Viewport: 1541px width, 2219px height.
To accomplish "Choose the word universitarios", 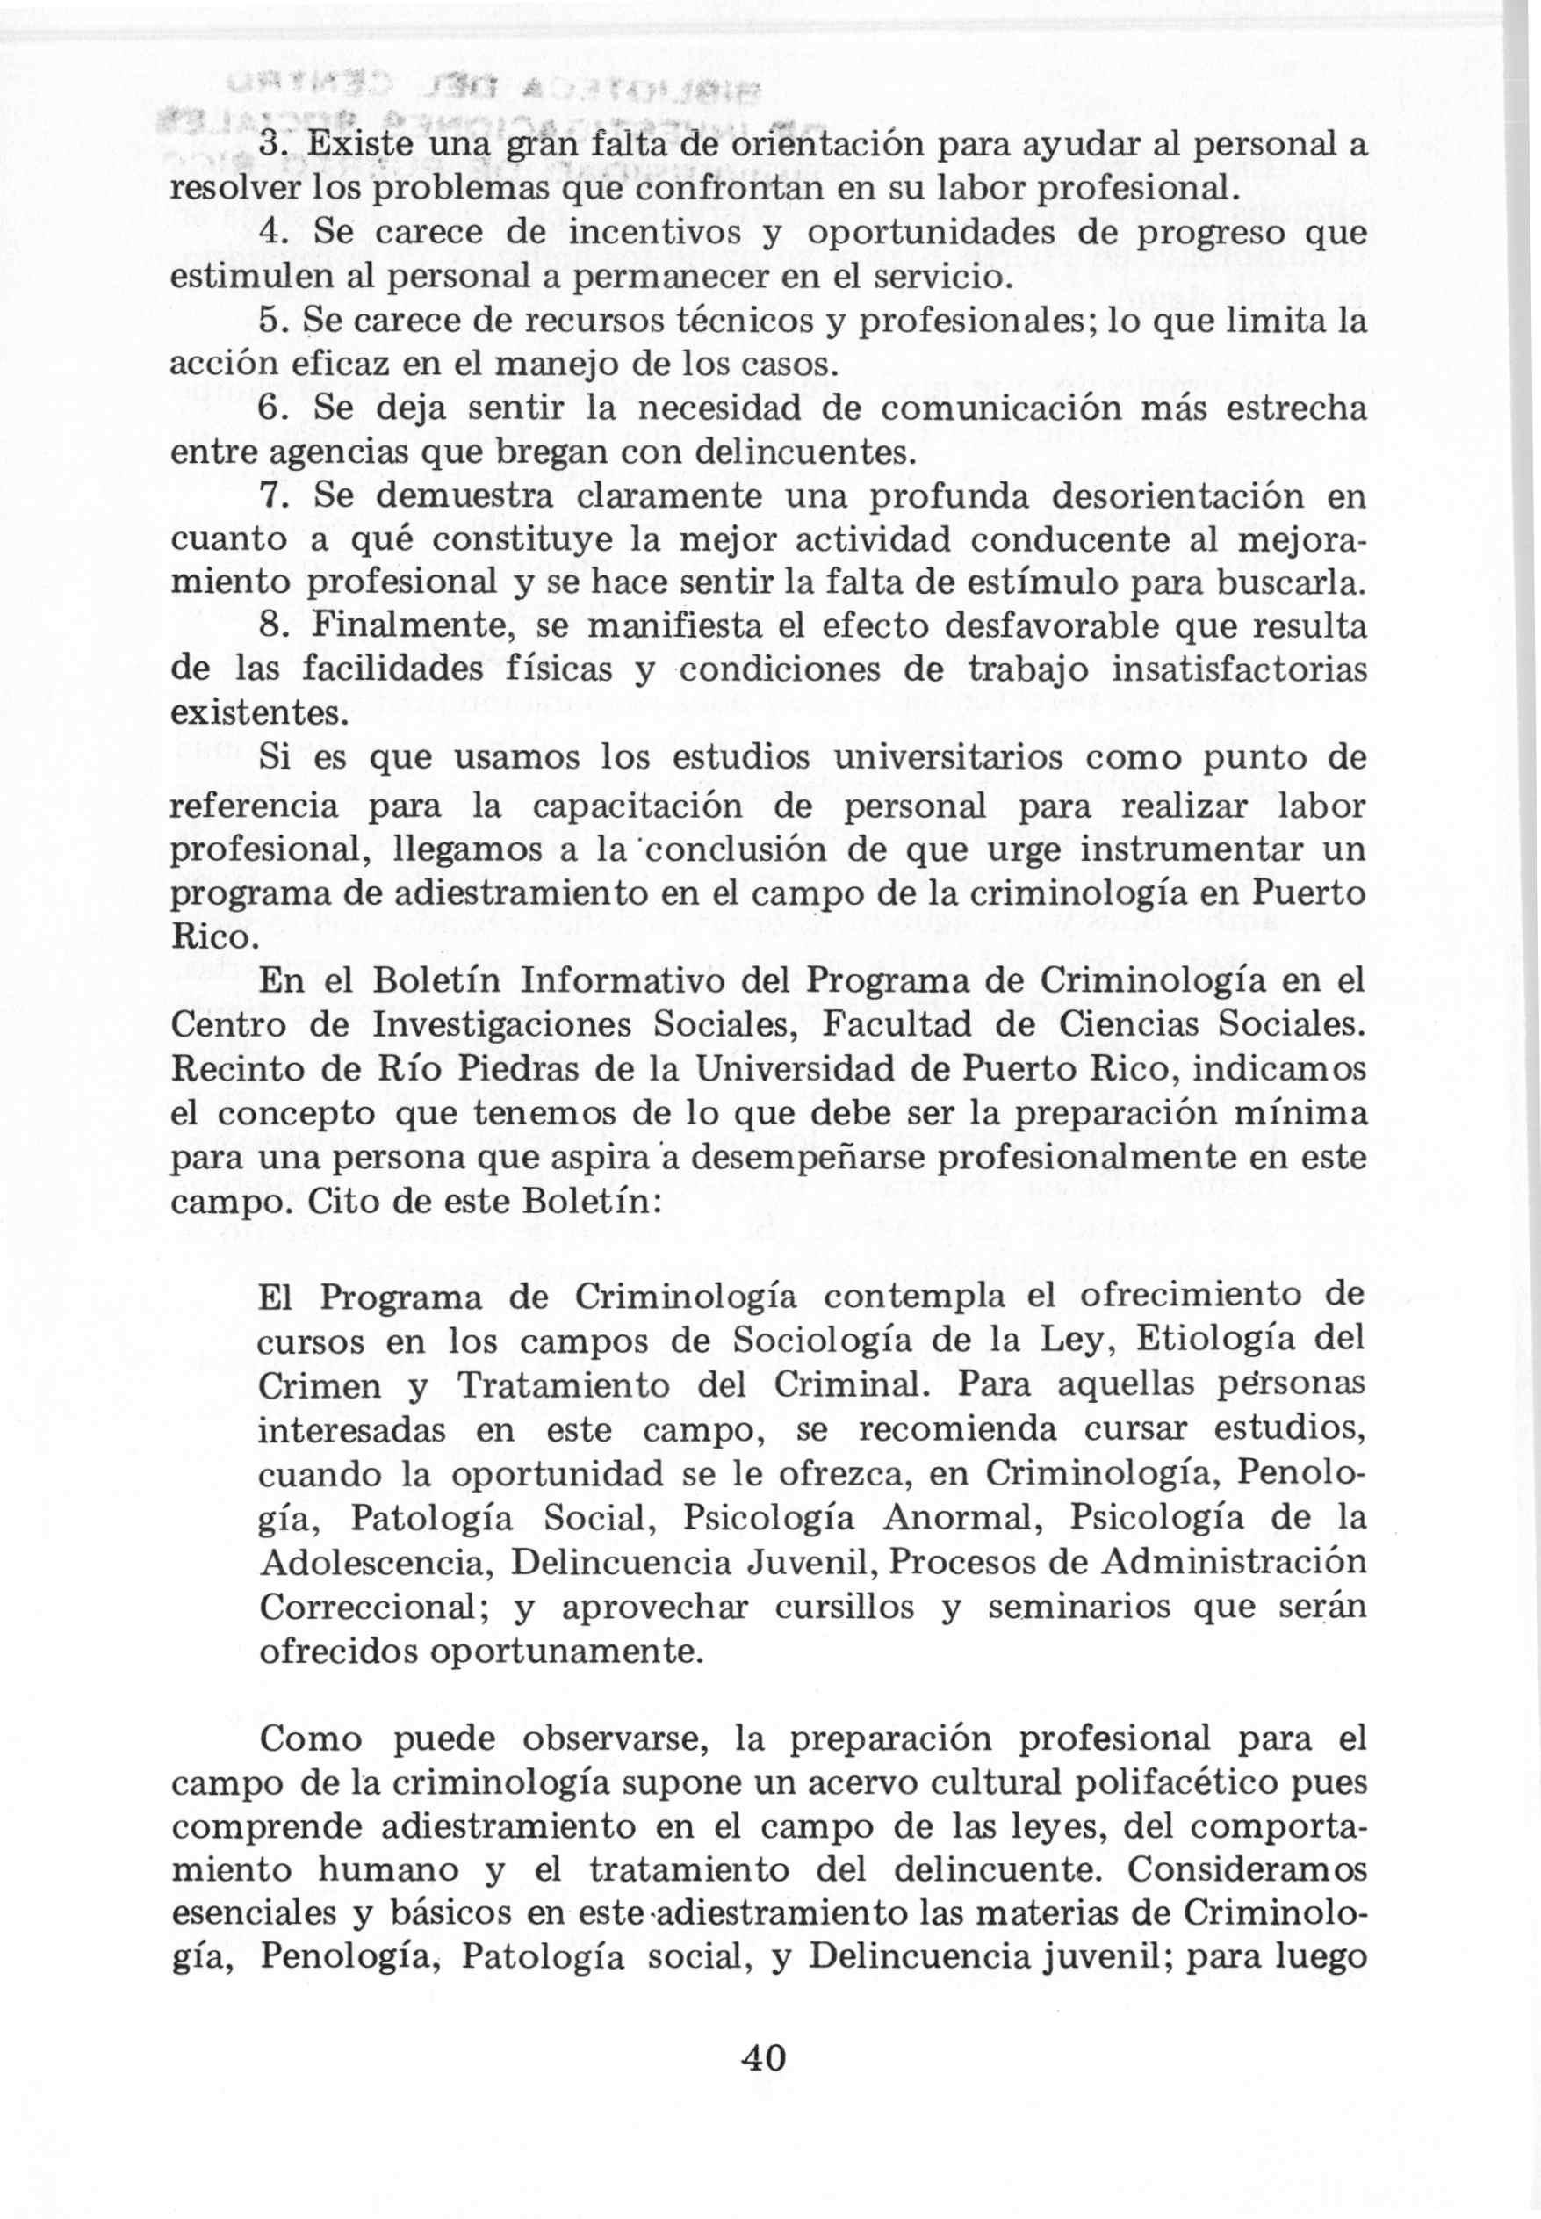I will [x=971, y=758].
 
